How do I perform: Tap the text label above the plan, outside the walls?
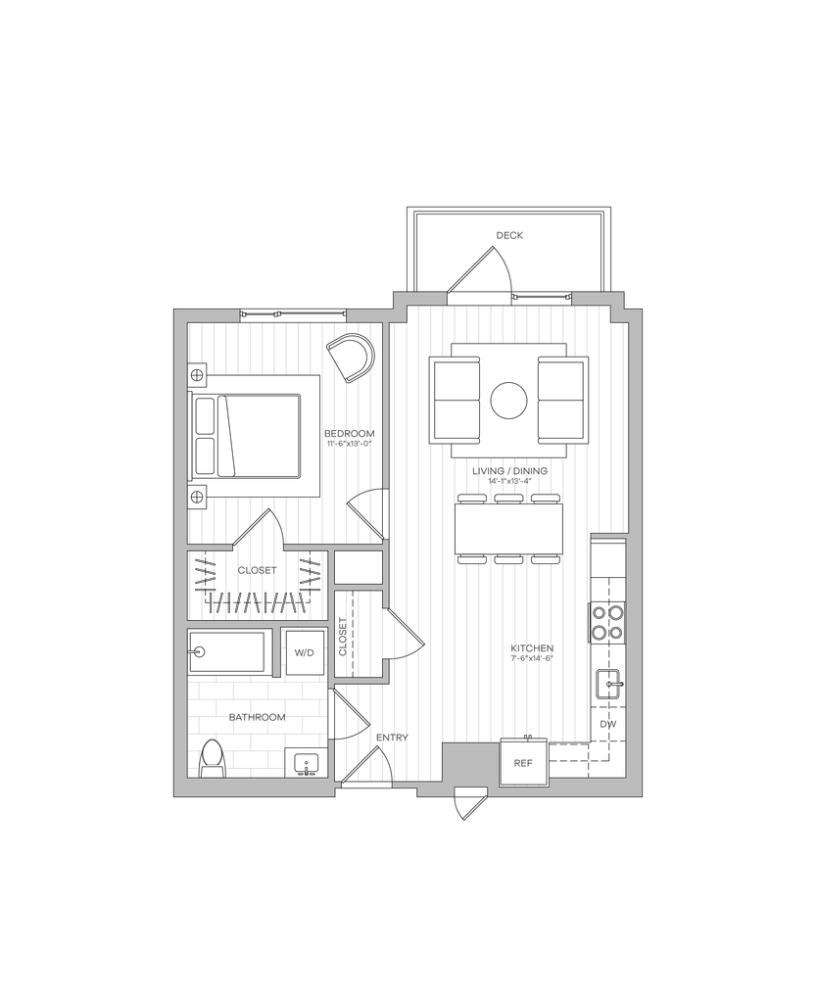tap(509, 235)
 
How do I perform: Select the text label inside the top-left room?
tap(351, 437)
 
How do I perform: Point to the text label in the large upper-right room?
tap(510, 473)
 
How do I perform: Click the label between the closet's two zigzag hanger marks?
tap(258, 569)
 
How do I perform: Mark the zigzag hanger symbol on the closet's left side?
tap(207, 572)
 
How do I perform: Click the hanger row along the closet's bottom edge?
tap(257, 601)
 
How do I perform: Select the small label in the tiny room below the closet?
tap(304, 651)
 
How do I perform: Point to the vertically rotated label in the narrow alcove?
tap(342, 638)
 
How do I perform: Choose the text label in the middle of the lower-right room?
tap(533, 653)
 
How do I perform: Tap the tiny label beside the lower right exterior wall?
tap(608, 725)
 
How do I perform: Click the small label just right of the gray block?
tap(522, 761)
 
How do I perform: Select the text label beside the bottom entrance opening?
tap(390, 738)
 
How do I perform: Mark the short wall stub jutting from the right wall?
tap(608, 536)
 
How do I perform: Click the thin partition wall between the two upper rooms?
tap(385, 404)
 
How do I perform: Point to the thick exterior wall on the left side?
tap(180, 549)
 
